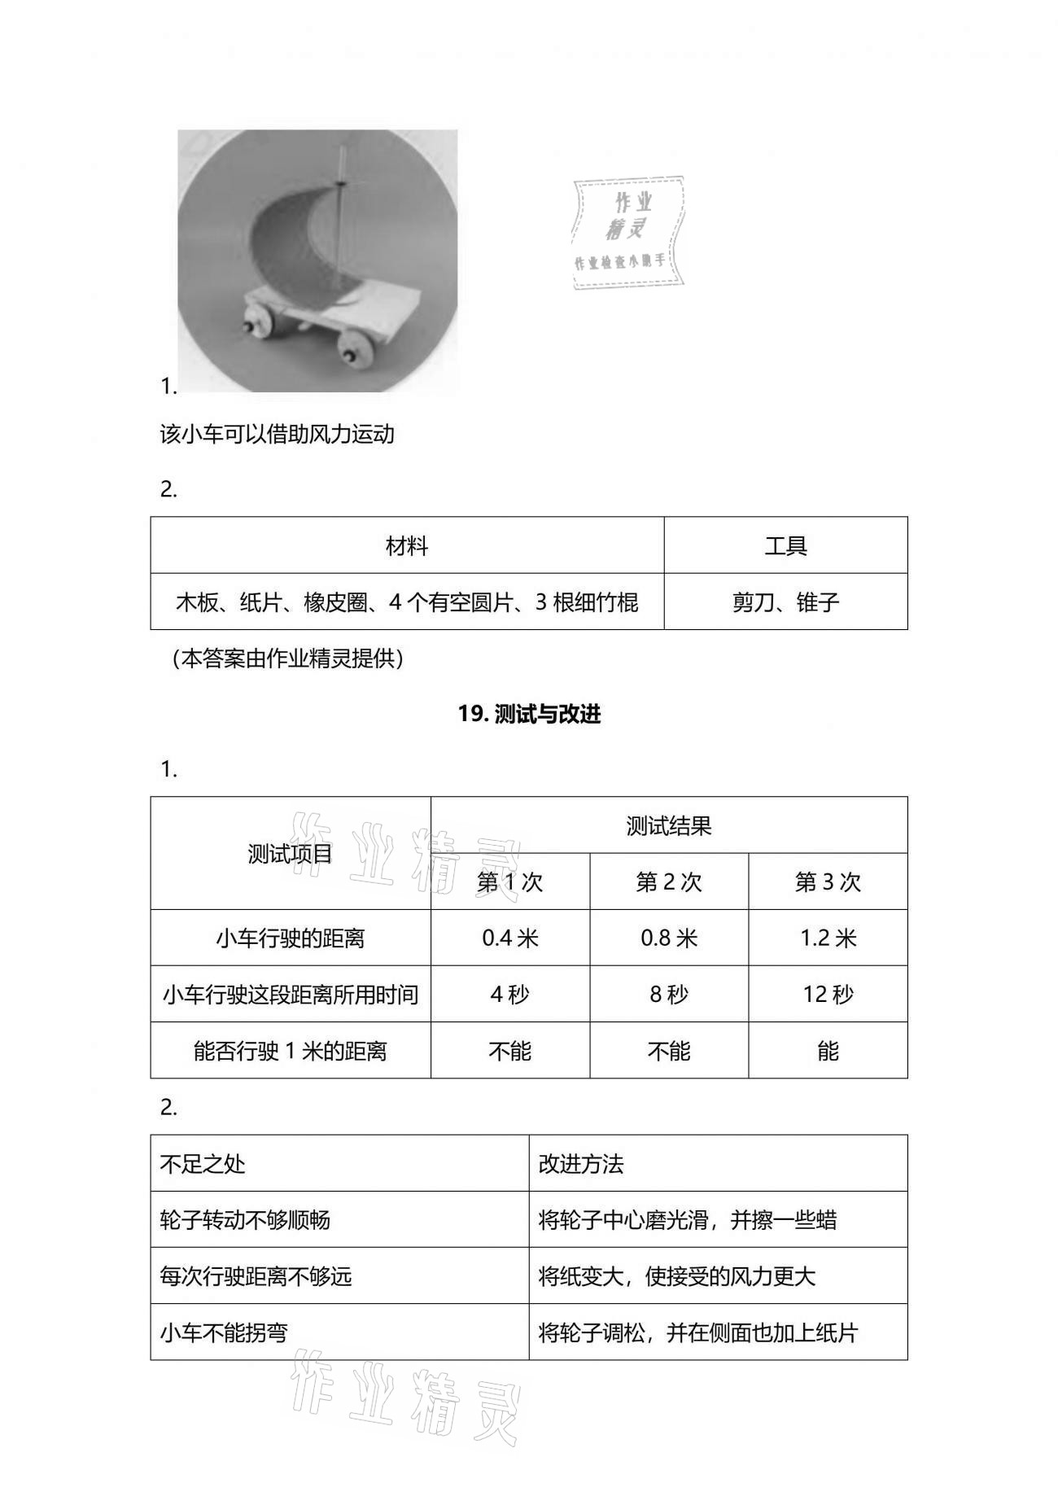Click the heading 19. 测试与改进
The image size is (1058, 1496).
(x=529, y=714)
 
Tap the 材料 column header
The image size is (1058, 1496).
(x=407, y=545)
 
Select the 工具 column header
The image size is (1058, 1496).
(x=785, y=545)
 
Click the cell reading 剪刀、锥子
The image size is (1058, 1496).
(x=785, y=602)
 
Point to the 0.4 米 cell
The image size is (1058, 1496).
(x=510, y=938)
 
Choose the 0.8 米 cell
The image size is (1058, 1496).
(x=669, y=938)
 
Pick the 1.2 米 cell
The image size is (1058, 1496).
(x=828, y=938)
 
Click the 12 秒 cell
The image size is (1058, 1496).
(x=828, y=994)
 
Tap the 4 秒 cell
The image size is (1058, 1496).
(x=510, y=994)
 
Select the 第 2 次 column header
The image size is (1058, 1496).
(x=669, y=881)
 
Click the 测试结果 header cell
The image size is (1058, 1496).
(x=669, y=825)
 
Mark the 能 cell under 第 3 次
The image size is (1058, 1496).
(x=828, y=1051)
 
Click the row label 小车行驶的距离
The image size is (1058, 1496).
(x=291, y=938)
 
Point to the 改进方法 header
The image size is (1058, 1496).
(x=581, y=1163)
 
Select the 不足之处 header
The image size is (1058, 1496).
(x=203, y=1163)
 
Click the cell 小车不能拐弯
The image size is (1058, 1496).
(x=224, y=1332)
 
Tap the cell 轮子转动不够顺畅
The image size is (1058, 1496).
(x=245, y=1219)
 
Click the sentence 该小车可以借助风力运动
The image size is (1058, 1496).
(x=278, y=434)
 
